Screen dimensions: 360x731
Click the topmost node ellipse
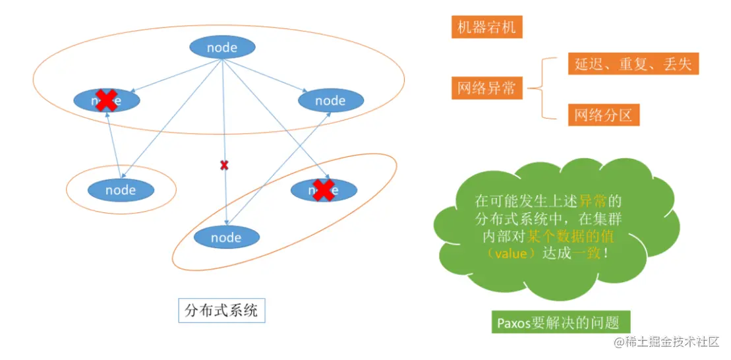tap(222, 47)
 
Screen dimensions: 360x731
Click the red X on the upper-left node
tap(106, 100)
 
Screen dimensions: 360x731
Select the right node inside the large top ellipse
tap(330, 100)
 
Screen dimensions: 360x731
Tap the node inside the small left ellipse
tap(121, 190)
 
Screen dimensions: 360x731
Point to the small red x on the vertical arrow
tap(224, 165)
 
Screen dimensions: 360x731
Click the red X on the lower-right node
tap(323, 190)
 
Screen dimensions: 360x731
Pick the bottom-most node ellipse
tap(226, 238)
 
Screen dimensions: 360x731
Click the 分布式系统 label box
tap(221, 311)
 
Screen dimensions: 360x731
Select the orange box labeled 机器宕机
tap(487, 28)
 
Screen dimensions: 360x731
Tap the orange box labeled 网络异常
tap(487, 88)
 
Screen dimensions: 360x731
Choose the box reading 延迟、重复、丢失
tap(632, 64)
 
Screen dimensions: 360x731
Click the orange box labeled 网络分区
tap(603, 115)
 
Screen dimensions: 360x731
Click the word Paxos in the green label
tap(513, 323)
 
